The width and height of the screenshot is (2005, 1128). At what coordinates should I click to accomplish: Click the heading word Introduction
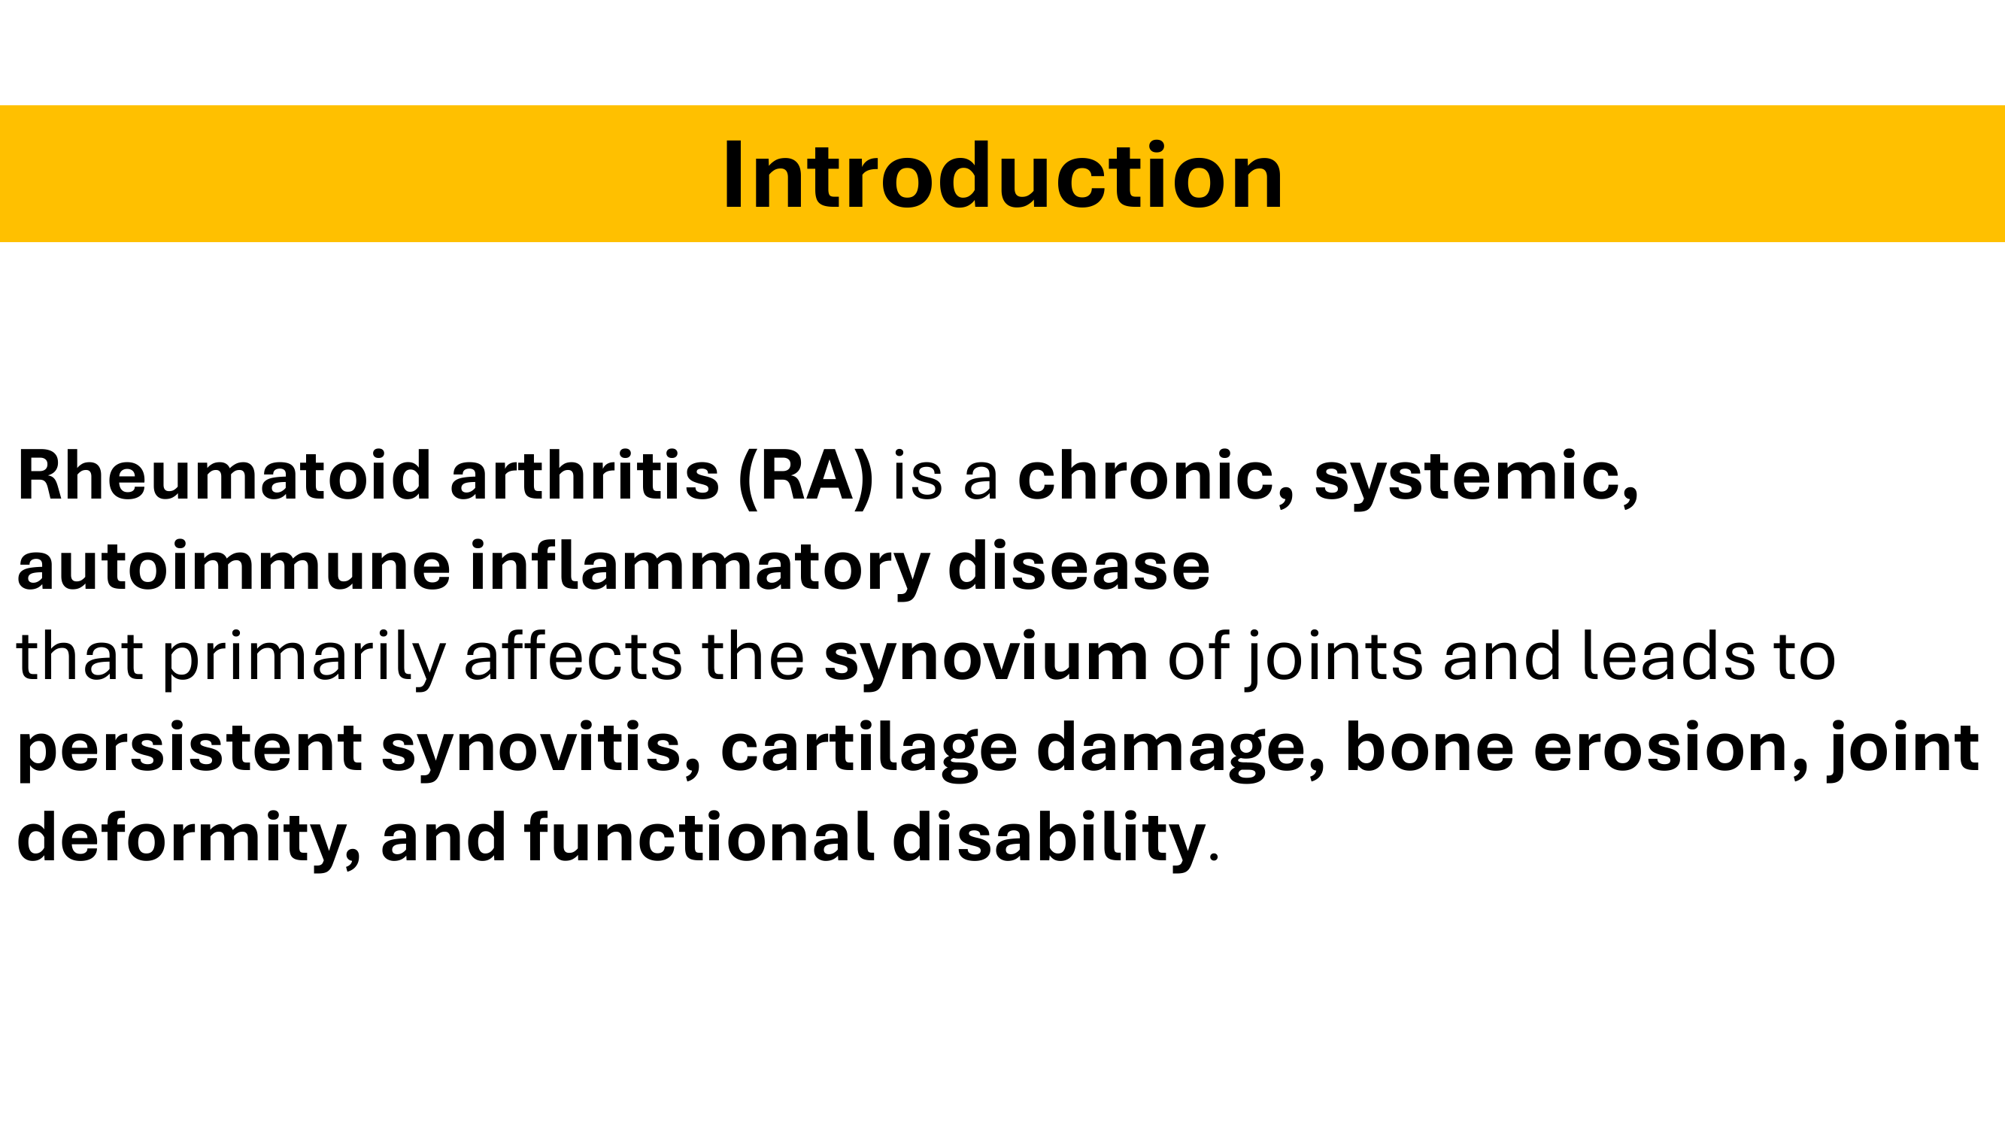(x=1002, y=175)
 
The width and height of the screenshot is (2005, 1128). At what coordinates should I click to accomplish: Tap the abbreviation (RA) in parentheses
(x=805, y=478)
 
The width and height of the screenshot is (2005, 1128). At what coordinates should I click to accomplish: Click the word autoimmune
(x=233, y=566)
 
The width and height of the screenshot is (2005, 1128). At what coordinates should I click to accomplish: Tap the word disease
(x=1078, y=566)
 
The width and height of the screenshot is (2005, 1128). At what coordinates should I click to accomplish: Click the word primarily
(x=305, y=659)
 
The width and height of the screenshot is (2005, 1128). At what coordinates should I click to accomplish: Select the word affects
(x=573, y=656)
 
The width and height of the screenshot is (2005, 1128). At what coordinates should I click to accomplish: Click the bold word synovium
(x=986, y=659)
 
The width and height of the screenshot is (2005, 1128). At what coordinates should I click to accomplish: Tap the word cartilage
(x=869, y=749)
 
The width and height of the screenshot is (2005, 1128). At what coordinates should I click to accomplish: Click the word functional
(x=698, y=836)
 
